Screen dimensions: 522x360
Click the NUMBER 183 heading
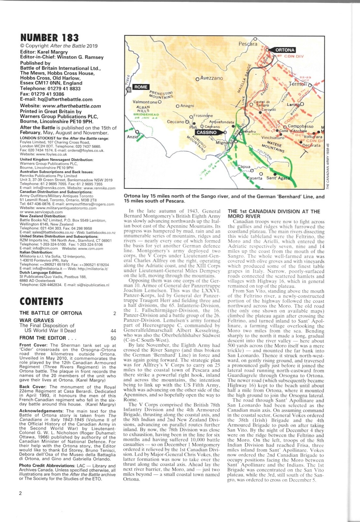(49, 38)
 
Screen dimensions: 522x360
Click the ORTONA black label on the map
(285, 50)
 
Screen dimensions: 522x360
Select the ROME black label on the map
(141, 87)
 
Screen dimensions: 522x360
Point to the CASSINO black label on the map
(206, 132)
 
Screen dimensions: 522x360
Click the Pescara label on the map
(248, 44)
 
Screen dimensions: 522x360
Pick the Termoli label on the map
(298, 84)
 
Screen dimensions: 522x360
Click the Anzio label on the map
(132, 137)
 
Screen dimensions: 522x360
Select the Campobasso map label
(300, 126)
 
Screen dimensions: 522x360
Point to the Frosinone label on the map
(203, 115)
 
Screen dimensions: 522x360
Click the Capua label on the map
(244, 166)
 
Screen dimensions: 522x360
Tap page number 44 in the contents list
(113, 330)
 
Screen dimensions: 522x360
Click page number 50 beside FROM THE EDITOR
(113, 338)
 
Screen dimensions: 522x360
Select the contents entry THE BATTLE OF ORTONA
(51, 313)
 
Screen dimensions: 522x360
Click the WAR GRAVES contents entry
(37, 320)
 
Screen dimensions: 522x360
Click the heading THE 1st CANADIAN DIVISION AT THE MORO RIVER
(274, 214)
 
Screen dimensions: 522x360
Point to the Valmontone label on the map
(145, 102)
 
